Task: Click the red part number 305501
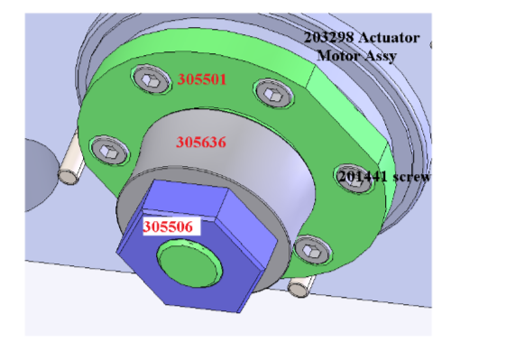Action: click(202, 79)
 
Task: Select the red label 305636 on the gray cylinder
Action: click(201, 142)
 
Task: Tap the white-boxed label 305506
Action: click(168, 226)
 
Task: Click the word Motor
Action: click(338, 55)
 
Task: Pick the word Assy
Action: click(381, 56)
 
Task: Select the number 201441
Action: click(362, 177)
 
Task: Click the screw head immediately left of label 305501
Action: click(151, 79)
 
